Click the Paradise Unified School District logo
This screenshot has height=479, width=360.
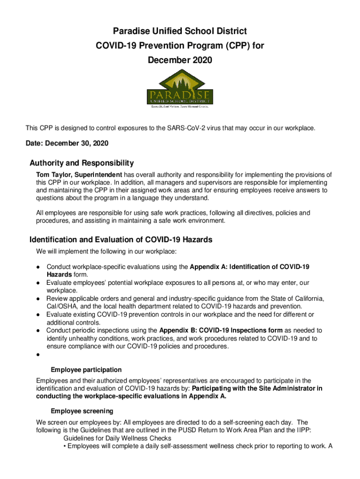point(180,89)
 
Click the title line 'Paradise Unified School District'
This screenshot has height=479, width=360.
point(180,31)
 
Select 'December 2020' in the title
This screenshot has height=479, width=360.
point(180,60)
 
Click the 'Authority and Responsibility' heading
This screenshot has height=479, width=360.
point(81,163)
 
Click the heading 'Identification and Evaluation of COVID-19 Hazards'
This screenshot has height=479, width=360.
point(121,239)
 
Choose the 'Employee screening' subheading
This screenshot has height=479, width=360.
point(82,411)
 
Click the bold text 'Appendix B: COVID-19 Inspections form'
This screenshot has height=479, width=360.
point(221,330)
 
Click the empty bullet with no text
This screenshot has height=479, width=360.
point(37,355)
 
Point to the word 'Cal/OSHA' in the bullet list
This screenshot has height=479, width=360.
point(59,306)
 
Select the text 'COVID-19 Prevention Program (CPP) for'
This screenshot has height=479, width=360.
point(180,46)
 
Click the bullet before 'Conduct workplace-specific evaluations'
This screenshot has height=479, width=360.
point(37,267)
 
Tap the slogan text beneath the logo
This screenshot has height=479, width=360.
point(180,106)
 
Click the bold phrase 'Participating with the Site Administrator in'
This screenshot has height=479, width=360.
point(257,388)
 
